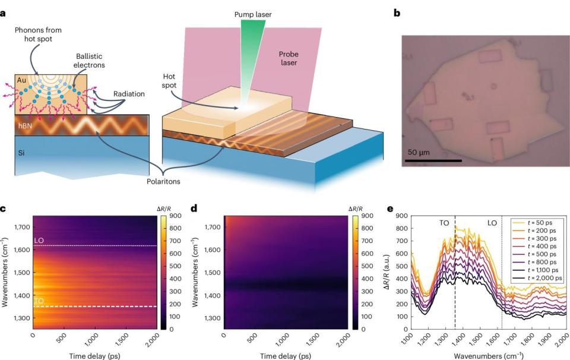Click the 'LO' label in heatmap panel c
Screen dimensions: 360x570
(39, 240)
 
